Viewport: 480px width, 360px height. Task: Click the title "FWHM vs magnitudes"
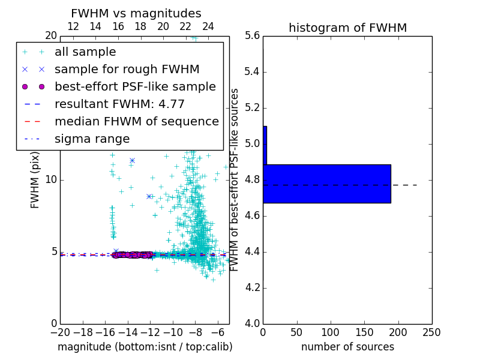(136, 13)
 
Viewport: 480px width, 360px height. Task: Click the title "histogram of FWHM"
(347, 28)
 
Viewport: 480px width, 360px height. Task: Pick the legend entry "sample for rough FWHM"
(127, 69)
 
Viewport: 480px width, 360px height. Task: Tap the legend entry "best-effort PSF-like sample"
(135, 86)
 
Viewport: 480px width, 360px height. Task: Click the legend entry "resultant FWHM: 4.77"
(119, 104)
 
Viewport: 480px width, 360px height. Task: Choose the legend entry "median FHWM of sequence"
(136, 121)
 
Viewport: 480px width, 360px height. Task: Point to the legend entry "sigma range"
(92, 139)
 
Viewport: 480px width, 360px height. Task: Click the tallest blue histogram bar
(326, 184)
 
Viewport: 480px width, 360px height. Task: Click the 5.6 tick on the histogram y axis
(253, 36)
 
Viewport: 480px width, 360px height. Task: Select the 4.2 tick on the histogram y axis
(253, 287)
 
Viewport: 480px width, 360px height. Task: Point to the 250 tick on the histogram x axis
(432, 332)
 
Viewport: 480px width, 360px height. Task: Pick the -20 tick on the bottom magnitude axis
(60, 332)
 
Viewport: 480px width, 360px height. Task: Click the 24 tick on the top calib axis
(208, 26)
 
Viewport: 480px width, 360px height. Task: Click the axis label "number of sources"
(347, 347)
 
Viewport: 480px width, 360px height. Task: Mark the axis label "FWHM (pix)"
(35, 179)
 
